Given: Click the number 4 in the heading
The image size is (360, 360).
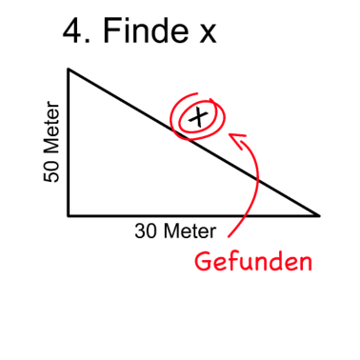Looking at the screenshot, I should pyautogui.click(x=73, y=32).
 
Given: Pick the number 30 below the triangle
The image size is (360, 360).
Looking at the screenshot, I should pyautogui.click(x=146, y=231).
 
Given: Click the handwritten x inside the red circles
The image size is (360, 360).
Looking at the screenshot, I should pyautogui.click(x=198, y=117).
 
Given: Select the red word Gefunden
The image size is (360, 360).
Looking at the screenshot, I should pyautogui.click(x=253, y=260).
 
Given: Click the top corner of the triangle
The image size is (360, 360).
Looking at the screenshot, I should pyautogui.click(x=69, y=69).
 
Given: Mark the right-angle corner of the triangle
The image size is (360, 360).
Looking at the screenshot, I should pyautogui.click(x=69, y=216).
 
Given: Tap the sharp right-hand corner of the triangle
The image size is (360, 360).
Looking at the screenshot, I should pyautogui.click(x=319, y=215).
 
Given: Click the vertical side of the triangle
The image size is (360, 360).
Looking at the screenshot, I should pyautogui.click(x=69, y=143).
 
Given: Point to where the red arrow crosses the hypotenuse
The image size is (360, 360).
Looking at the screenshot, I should pyautogui.click(x=258, y=179).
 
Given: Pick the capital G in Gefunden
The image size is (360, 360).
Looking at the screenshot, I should pyautogui.click(x=203, y=260).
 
